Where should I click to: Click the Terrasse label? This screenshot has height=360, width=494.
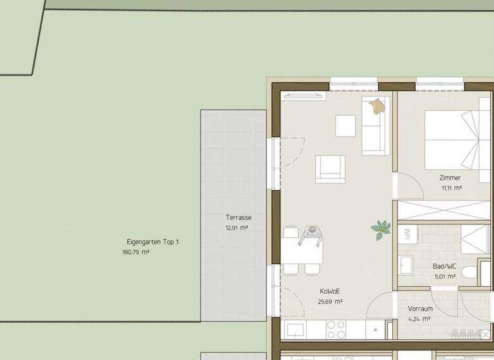pos(238,218)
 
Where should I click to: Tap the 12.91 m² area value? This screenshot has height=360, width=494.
pos(237,228)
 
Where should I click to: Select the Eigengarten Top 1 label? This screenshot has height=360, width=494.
pos(153,242)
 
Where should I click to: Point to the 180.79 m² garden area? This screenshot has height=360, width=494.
pos(136,253)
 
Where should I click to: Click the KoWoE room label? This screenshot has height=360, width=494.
pos(330,291)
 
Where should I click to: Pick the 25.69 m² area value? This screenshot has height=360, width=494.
pos(330,301)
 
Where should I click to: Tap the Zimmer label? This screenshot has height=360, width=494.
pos(450,178)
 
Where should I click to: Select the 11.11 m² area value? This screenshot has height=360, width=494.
pos(452,188)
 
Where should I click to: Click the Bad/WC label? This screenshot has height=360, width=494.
pos(444,266)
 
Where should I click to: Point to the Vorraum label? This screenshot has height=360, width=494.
pos(420,309)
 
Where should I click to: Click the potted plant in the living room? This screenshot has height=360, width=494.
pos(381,228)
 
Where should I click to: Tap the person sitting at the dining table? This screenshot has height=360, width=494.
pos(311,236)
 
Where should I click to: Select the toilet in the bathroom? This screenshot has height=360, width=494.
pos(469,273)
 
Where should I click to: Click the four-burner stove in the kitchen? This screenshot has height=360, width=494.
pos(336,329)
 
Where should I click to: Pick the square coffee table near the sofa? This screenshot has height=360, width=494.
pos(345,125)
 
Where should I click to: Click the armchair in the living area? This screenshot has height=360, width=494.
pos(330,169)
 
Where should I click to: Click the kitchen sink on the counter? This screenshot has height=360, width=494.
pos(296,330)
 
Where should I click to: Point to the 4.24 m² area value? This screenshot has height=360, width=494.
pos(420,319)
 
